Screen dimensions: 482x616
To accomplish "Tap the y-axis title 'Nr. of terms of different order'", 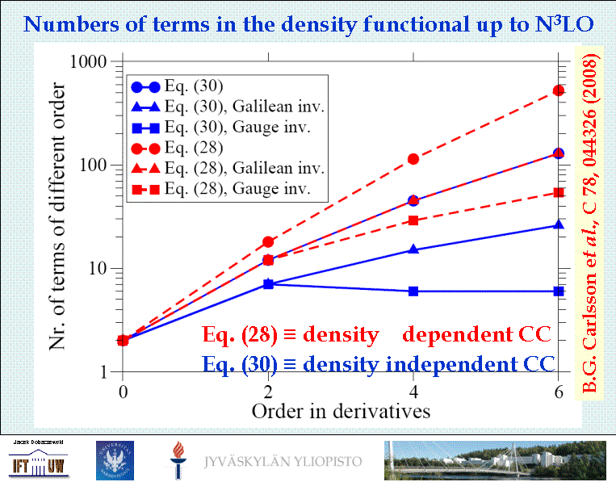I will (x=57, y=216).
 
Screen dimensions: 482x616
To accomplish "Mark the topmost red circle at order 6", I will (x=559, y=90).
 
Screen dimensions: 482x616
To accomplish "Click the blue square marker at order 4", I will (x=413, y=291).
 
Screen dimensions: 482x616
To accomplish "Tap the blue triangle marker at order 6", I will (x=559, y=225).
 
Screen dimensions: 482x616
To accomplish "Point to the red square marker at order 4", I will (x=413, y=220).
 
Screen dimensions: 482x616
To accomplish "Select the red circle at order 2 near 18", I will (x=268, y=241).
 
